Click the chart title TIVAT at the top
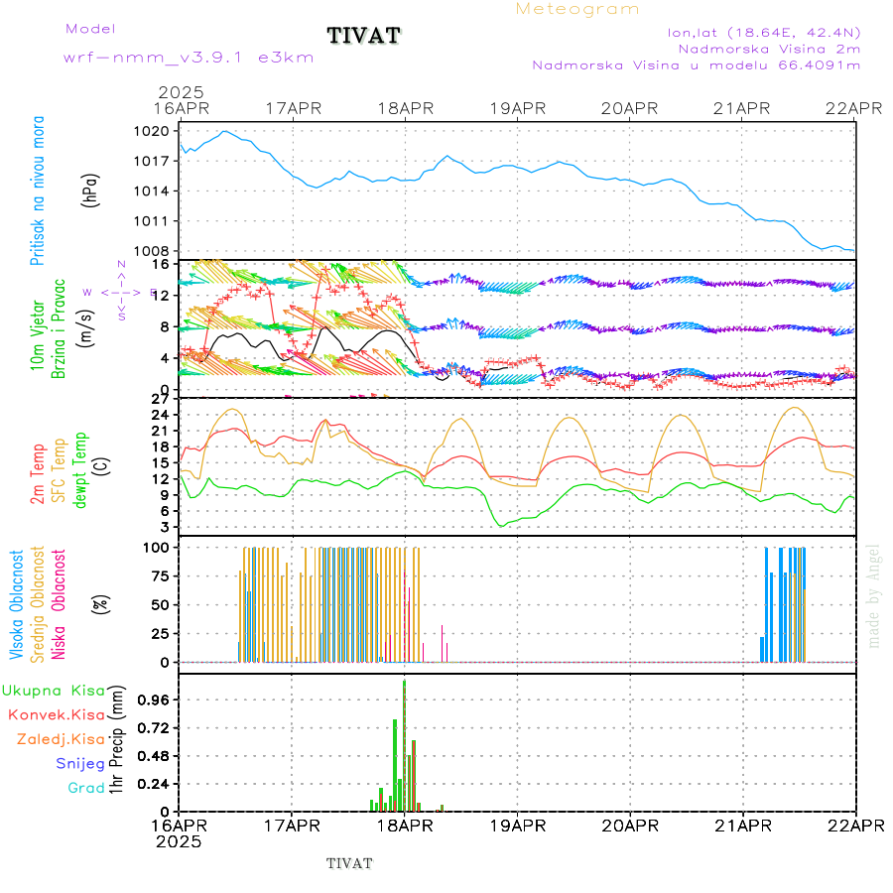pos(364,37)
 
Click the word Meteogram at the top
pos(577,9)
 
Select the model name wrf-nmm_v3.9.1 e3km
pos(189,58)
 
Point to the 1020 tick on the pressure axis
pos(157,131)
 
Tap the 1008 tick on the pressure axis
pos(157,251)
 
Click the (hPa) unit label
pos(91,190)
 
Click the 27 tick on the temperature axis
pos(161,400)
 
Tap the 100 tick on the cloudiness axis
pos(159,547)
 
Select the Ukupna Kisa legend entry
pos(54,690)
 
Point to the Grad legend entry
pos(86,788)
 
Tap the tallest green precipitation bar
pos(404,744)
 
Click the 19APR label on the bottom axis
pos(516,826)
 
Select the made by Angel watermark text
pos(874,595)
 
